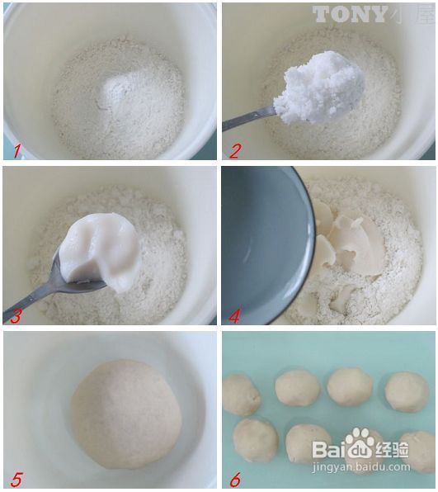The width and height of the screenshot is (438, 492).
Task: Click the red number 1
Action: coord(15,149)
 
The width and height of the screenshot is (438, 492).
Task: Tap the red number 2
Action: coord(235,150)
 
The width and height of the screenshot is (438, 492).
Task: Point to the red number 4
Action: coord(235,315)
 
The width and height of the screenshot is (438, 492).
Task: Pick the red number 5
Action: coord(16,479)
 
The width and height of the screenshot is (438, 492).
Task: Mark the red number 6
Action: coord(235,480)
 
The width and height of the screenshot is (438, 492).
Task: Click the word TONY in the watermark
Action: coord(350,14)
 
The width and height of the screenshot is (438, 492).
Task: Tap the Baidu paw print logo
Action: coord(360,444)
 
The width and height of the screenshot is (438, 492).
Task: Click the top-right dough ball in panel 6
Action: coord(407,391)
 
